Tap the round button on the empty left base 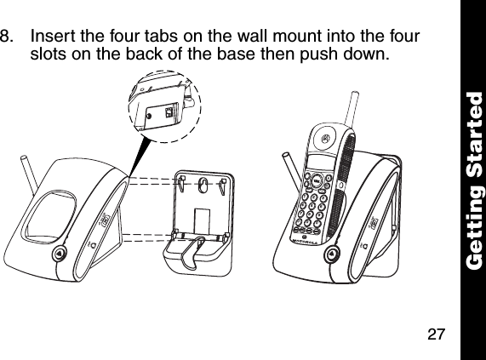click(57, 254)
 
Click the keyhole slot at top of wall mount click(202, 184)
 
